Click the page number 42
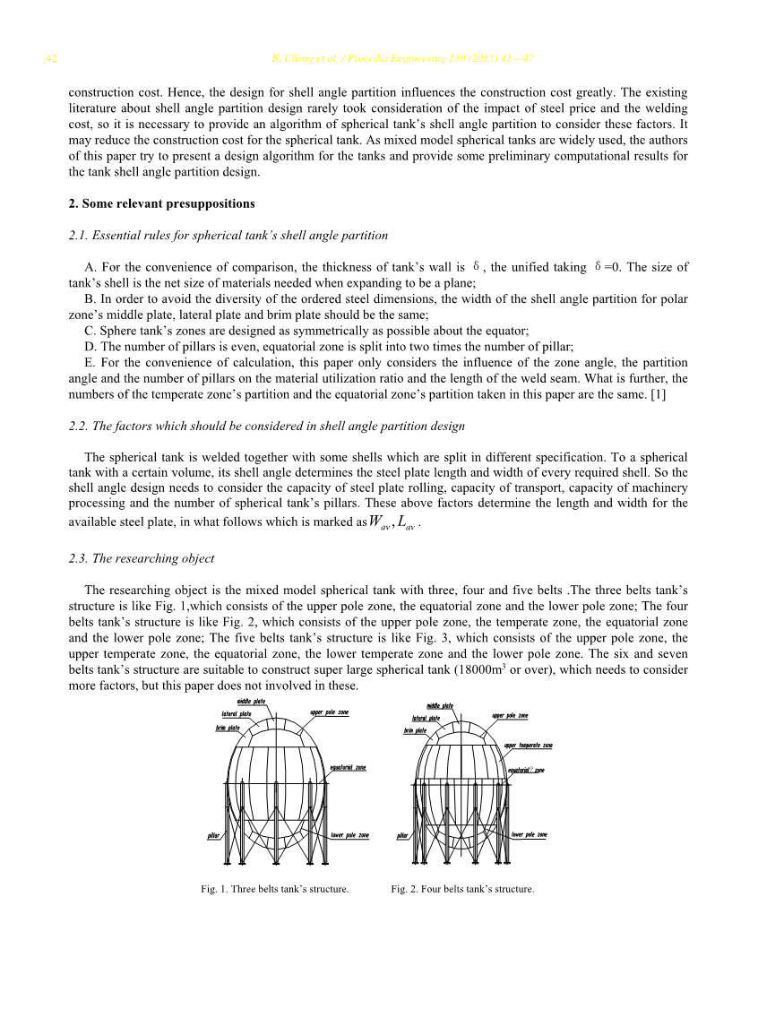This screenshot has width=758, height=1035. (51, 59)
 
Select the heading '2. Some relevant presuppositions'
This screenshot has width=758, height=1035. (161, 203)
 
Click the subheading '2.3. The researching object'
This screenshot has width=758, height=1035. (142, 558)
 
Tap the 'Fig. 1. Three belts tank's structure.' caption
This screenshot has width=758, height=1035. (274, 889)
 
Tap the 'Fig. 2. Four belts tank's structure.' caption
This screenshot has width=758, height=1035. (462, 889)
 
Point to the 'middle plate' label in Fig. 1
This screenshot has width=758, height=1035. (251, 701)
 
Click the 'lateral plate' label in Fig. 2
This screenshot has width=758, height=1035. (426, 718)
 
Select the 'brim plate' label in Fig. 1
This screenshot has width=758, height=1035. (228, 728)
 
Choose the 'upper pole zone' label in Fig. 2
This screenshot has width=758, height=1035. (510, 715)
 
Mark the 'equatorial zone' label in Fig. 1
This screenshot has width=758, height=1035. (348, 767)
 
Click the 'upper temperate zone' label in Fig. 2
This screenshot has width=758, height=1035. (528, 745)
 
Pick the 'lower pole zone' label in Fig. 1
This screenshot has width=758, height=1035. (349, 835)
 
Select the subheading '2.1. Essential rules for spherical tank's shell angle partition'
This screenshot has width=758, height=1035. (228, 236)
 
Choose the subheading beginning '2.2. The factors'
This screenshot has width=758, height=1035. (267, 426)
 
